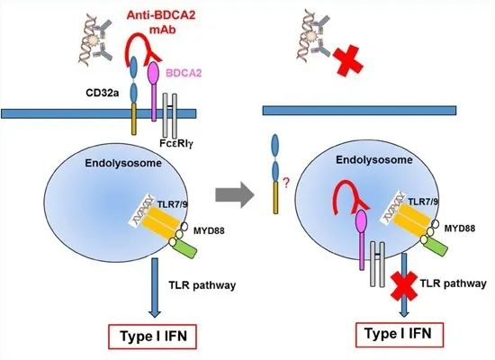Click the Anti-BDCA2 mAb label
(x=161, y=22)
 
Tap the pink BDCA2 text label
(x=184, y=73)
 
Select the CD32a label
(x=103, y=93)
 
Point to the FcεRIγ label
(x=176, y=144)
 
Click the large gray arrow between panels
(x=235, y=194)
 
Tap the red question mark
(x=285, y=184)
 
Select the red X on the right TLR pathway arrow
(x=404, y=285)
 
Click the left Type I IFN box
(x=152, y=337)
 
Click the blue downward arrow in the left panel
(x=155, y=288)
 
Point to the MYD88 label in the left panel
(x=209, y=230)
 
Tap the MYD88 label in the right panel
(x=459, y=228)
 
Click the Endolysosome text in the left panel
(x=123, y=163)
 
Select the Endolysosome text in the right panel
(x=374, y=160)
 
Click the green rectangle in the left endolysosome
(x=184, y=249)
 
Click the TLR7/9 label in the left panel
(x=172, y=203)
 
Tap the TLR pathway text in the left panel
(x=202, y=285)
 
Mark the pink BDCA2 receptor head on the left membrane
(x=154, y=72)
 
